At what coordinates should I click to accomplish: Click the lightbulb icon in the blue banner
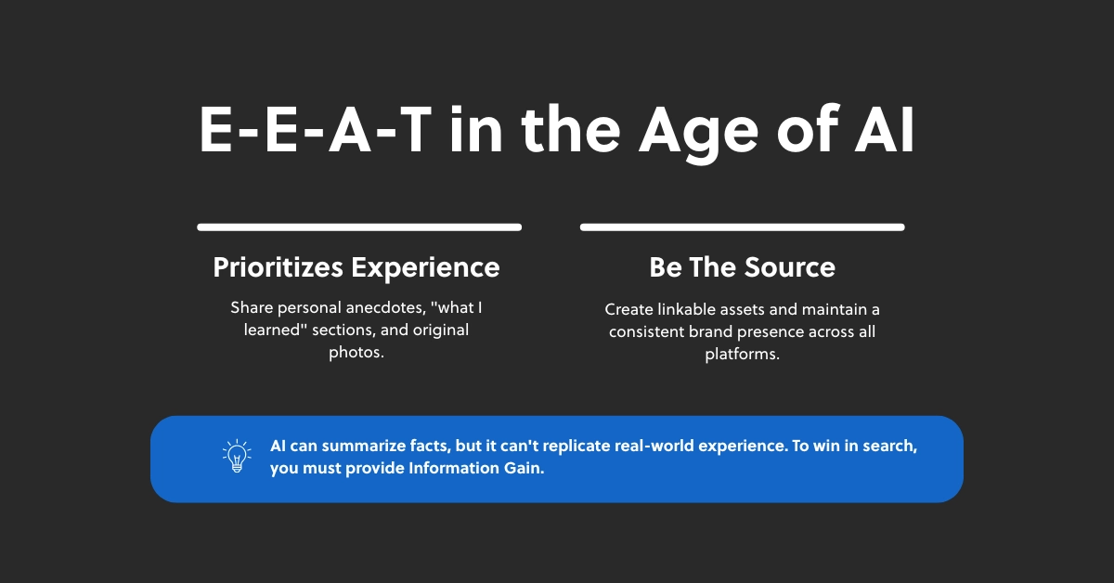237,458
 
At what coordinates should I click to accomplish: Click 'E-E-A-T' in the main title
316,131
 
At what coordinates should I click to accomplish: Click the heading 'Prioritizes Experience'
356,267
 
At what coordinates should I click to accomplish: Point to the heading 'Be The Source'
742,267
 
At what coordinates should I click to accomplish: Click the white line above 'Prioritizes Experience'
359,227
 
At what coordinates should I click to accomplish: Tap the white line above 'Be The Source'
742,227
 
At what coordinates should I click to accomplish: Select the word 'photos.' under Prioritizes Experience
356,353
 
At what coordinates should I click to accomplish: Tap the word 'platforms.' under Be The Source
742,355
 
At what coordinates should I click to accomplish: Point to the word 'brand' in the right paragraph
706,331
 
